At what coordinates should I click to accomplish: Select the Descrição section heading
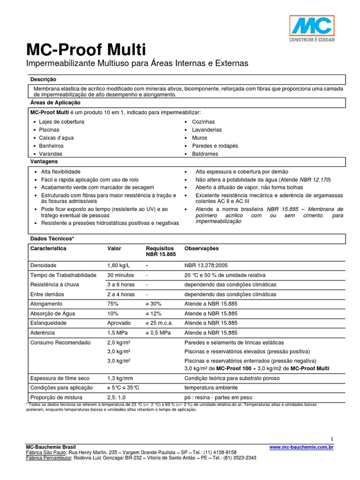tap(43, 80)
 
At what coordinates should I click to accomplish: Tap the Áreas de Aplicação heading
tap(55, 102)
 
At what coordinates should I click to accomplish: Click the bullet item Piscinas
tap(49, 130)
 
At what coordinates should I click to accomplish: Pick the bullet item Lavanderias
tap(207, 130)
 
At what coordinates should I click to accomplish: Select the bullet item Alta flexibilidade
tap(60, 172)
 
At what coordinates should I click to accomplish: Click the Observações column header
tap(202, 248)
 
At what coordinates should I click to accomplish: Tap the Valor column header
tap(114, 248)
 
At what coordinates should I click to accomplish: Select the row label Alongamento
tap(47, 304)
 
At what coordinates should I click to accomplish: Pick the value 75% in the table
tap(113, 304)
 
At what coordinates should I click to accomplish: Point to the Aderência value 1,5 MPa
tap(118, 332)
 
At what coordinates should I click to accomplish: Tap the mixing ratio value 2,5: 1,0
tap(117, 397)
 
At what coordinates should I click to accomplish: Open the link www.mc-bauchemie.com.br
tap(301, 448)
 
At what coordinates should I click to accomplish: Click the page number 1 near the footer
tap(331, 438)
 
